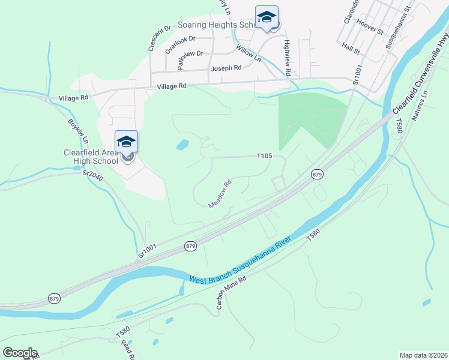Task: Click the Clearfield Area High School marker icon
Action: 126,142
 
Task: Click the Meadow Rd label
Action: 220,195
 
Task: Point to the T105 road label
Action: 265,156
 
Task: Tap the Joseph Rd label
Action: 225,68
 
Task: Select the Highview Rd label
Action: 288,58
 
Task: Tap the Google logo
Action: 20,352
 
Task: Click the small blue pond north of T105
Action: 181,145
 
